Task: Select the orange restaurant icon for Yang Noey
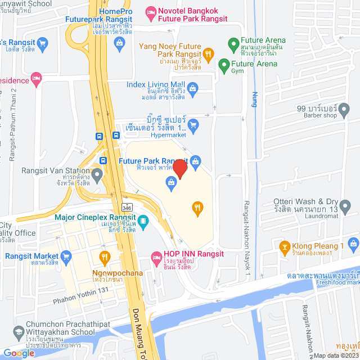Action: (x=208, y=54)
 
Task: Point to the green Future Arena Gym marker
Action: (x=224, y=64)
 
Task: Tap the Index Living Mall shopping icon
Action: (x=192, y=88)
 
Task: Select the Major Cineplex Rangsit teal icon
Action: (x=143, y=222)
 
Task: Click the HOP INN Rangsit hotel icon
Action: (x=157, y=259)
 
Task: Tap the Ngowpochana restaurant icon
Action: (x=104, y=258)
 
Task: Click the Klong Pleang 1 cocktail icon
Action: (x=285, y=246)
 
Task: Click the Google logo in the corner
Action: (x=19, y=353)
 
